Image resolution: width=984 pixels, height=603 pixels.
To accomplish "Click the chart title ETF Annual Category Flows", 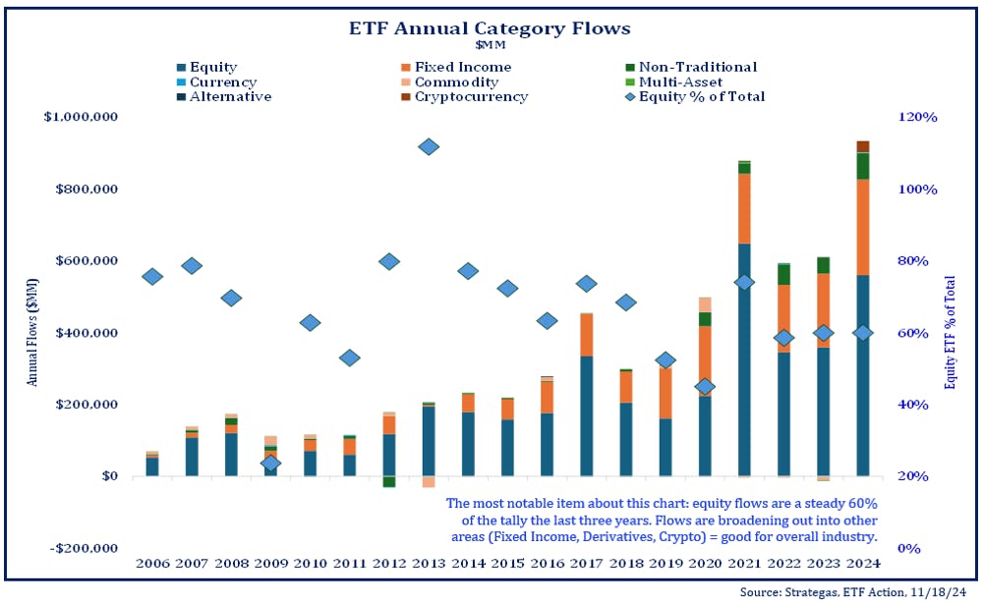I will pyautogui.click(x=490, y=28).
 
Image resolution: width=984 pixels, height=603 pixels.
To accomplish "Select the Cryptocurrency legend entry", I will pyautogui.click(x=471, y=97).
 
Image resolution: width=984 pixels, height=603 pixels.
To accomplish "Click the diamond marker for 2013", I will pyautogui.click(x=429, y=146).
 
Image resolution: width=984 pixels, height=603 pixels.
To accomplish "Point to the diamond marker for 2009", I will pyautogui.click(x=271, y=463).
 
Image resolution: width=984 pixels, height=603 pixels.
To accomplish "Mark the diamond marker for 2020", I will pyautogui.click(x=704, y=387).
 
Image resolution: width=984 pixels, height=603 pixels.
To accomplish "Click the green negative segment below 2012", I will pyautogui.click(x=389, y=481).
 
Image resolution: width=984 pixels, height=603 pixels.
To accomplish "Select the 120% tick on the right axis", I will pyautogui.click(x=919, y=117).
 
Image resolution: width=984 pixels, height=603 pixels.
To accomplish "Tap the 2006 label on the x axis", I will pyautogui.click(x=152, y=565).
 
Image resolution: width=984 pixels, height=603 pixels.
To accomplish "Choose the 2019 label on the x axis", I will pyautogui.click(x=665, y=565).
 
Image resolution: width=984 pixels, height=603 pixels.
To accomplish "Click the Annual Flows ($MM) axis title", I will pyautogui.click(x=31, y=332).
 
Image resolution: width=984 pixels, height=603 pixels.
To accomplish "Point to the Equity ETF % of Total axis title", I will pyautogui.click(x=950, y=332).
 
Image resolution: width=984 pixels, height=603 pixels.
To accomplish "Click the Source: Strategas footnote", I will pyautogui.click(x=854, y=592).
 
